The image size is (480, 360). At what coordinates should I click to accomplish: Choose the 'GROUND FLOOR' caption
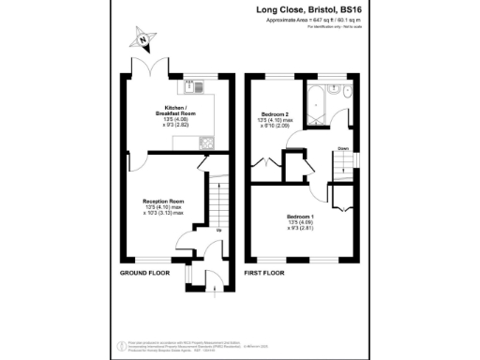[x=143, y=273]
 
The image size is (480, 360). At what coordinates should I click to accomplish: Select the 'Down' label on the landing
[x=344, y=148]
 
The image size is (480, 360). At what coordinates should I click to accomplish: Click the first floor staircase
[x=348, y=169]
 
